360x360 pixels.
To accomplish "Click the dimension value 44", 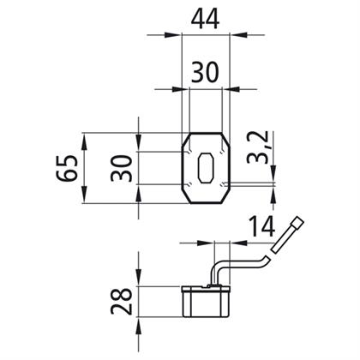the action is click(x=205, y=19).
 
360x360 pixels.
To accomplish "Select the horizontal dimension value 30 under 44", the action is click(x=205, y=73).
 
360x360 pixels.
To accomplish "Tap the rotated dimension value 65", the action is click(x=67, y=168).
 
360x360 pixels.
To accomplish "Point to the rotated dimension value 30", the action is click(x=122, y=168).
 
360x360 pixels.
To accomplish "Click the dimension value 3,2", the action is click(x=258, y=147).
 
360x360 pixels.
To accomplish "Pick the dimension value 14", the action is click(x=262, y=226).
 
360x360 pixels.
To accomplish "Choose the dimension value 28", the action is click(x=122, y=301).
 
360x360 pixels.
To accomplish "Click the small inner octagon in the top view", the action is click(x=206, y=168).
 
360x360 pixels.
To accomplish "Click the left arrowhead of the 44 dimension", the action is click(x=174, y=35).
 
